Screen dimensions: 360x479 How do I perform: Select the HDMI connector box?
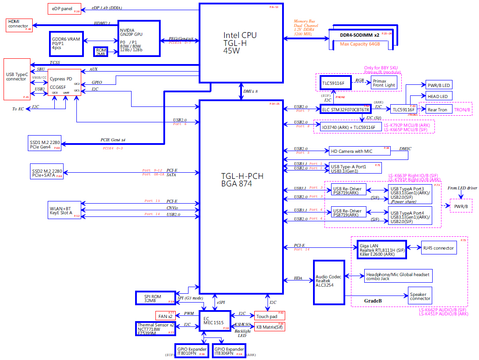pyautogui.click(x=19, y=25)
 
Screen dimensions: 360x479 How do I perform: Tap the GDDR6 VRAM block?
pyautogui.click(x=66, y=44)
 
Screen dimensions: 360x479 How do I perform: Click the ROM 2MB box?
pyautogui.click(x=100, y=51)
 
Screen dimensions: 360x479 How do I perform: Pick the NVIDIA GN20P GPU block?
pyautogui.click(x=139, y=38)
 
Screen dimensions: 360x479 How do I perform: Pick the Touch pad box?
pyautogui.click(x=267, y=315)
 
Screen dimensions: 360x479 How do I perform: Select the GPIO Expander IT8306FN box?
pyautogui.click(x=229, y=350)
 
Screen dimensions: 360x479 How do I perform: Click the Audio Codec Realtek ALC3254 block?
pyautogui.click(x=328, y=282)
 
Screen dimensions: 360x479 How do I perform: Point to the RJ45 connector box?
pyautogui.click(x=438, y=248)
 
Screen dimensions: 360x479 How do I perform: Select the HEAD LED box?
pyautogui.click(x=438, y=96)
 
